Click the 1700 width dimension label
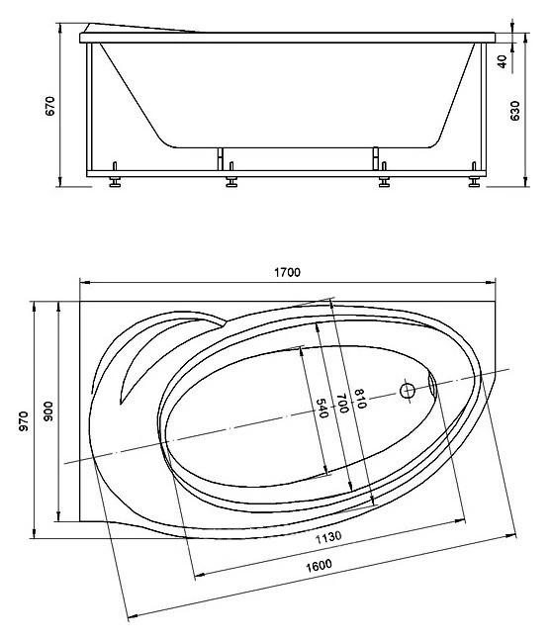288,272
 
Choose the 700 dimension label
341,403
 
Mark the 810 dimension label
360,399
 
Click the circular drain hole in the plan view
407,390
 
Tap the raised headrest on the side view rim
148,28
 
